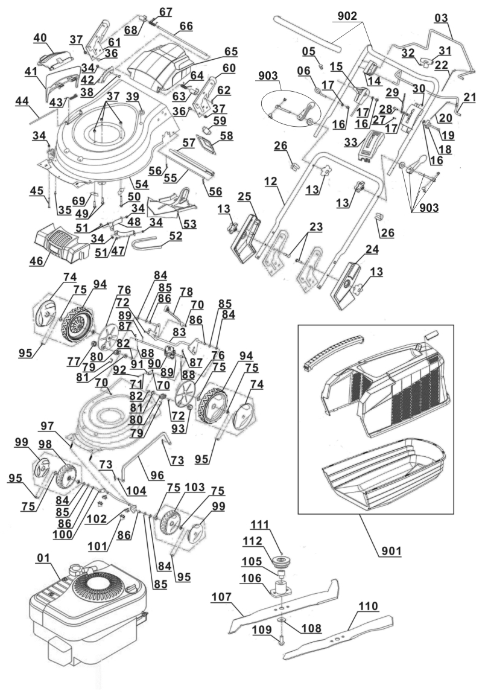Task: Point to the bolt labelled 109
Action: pyautogui.click(x=282, y=650)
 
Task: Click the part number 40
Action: pyautogui.click(x=40, y=37)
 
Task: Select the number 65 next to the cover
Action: pyautogui.click(x=230, y=51)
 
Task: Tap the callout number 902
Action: pyautogui.click(x=347, y=18)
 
